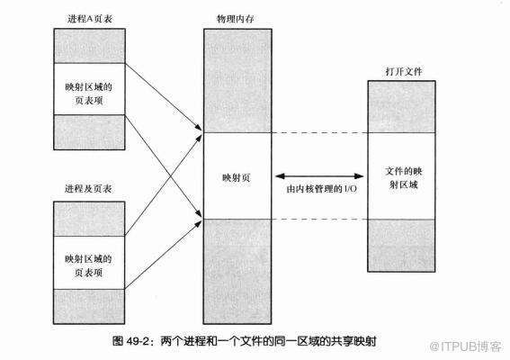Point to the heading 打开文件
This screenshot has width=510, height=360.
(403, 71)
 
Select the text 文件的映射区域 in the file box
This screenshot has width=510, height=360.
(402, 177)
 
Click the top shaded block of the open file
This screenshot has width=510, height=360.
(403, 108)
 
